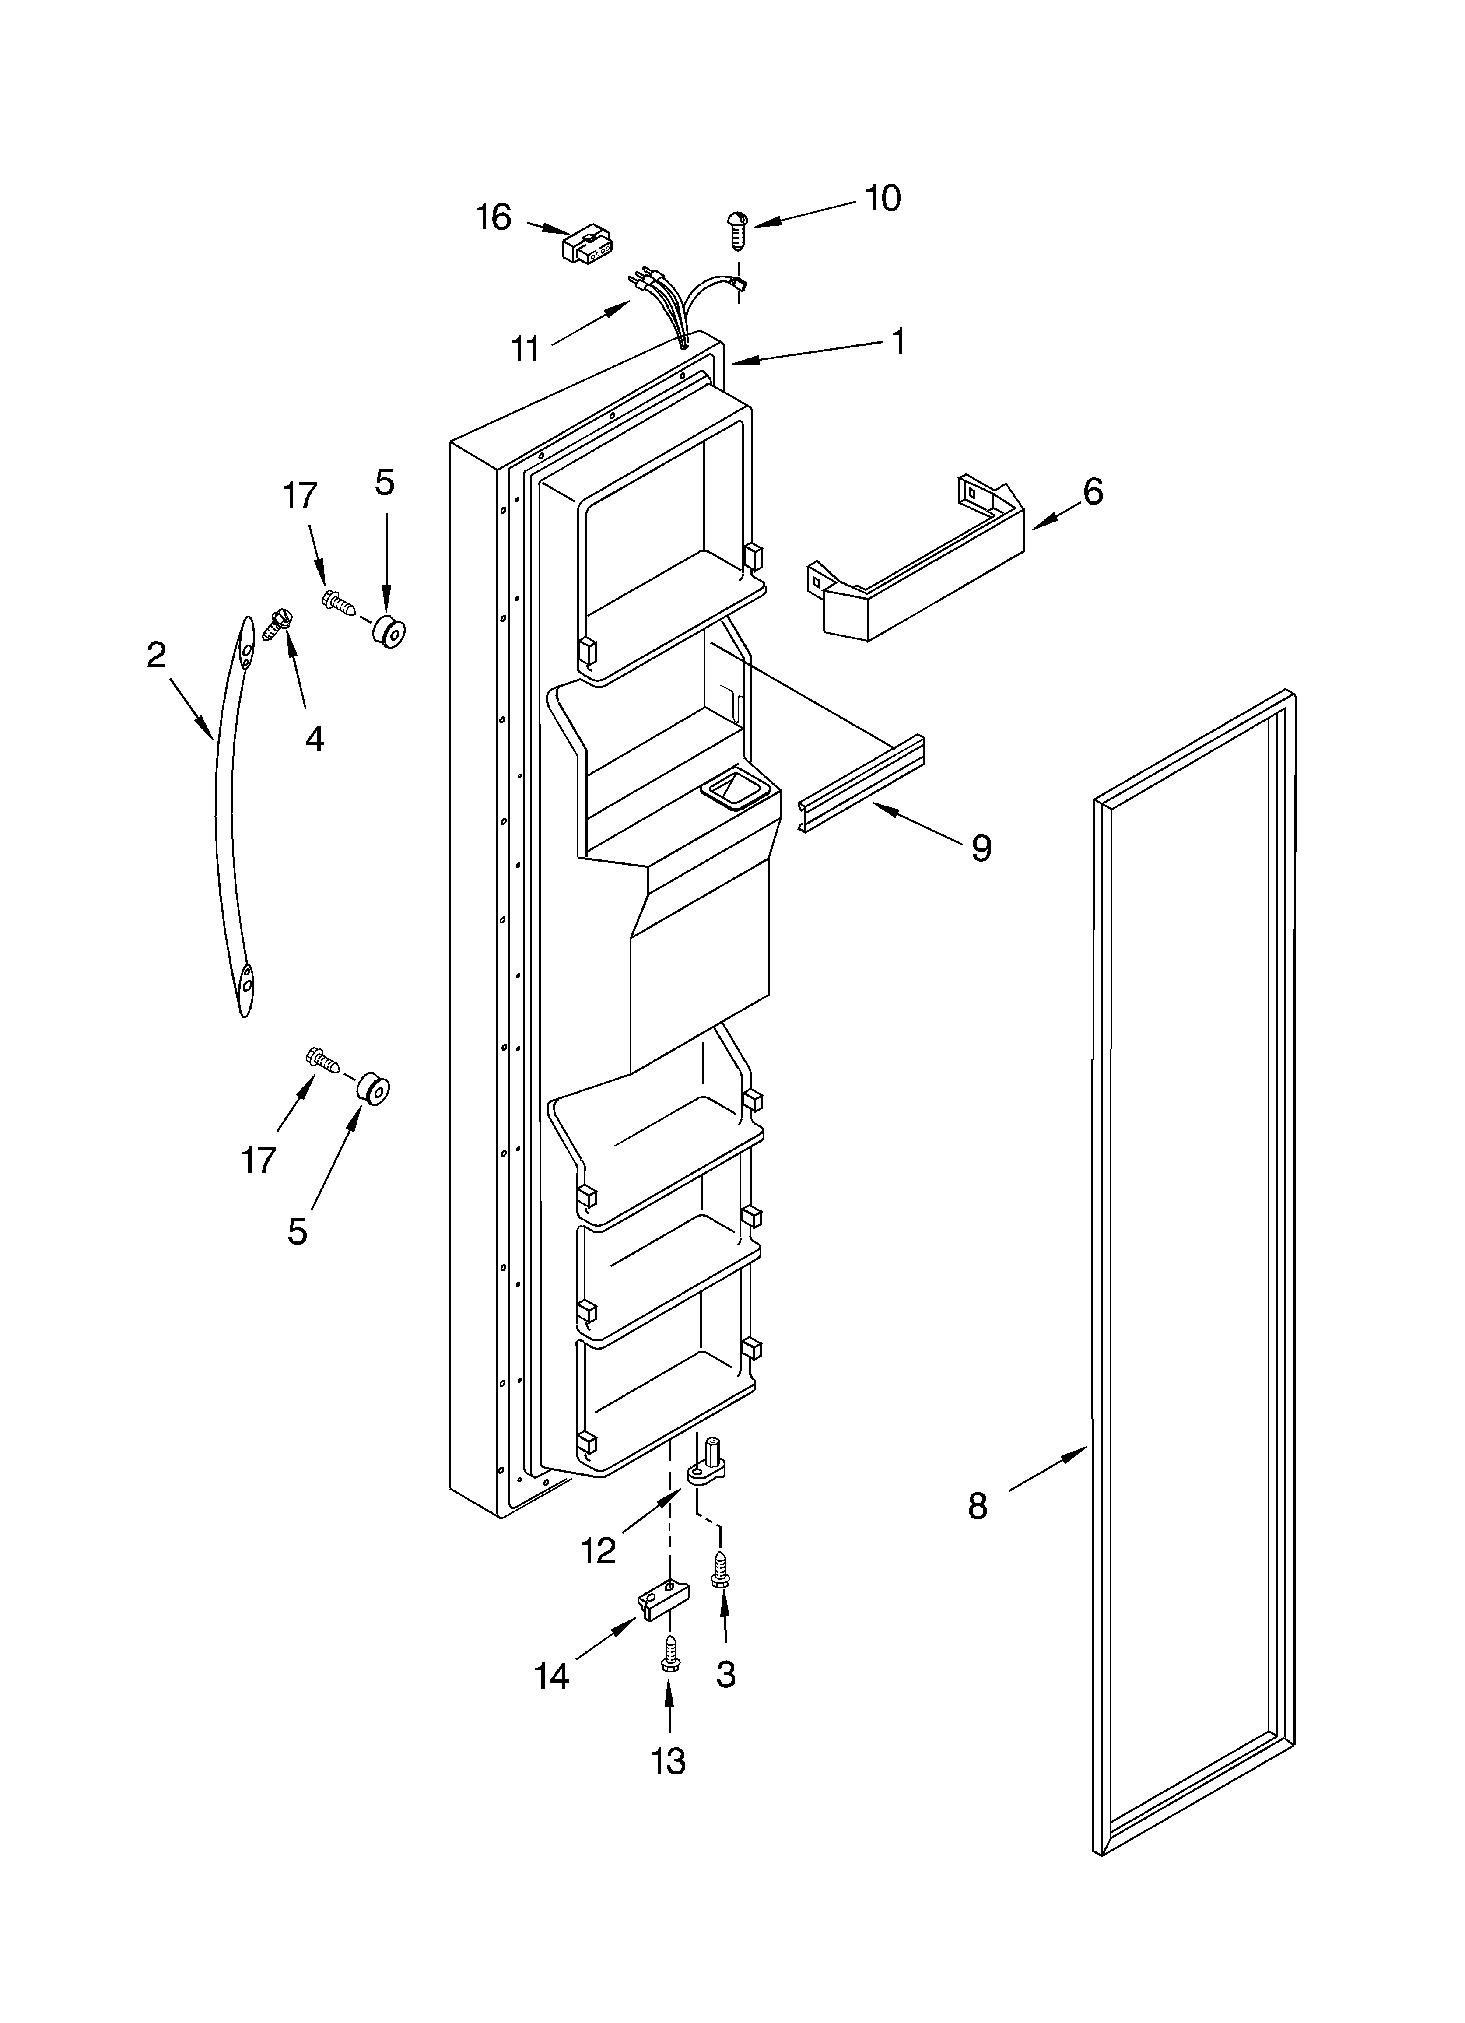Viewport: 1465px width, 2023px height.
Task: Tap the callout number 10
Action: (882, 198)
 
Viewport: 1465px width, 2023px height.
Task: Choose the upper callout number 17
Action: (300, 495)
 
